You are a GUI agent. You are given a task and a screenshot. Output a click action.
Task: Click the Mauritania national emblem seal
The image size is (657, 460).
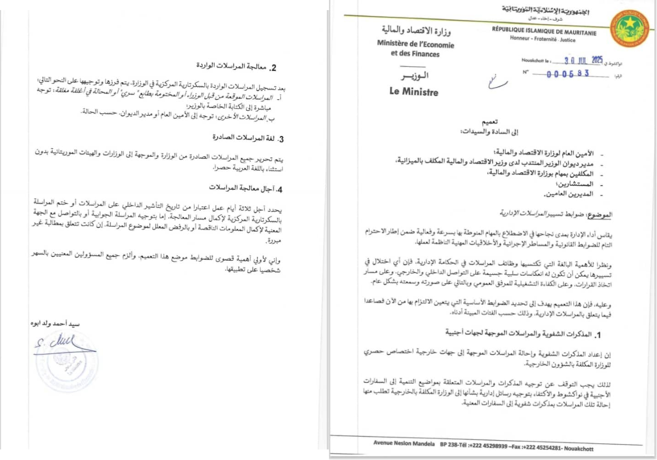pos(630,28)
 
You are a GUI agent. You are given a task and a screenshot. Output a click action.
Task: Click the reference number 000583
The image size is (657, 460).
pos(568,74)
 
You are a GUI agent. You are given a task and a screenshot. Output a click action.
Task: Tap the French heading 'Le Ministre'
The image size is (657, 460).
pos(413,91)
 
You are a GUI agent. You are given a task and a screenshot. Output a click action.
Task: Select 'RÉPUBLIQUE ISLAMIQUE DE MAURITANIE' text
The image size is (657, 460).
pos(544,31)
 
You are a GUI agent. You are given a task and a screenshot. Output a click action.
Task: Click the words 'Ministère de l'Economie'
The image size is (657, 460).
pos(415,44)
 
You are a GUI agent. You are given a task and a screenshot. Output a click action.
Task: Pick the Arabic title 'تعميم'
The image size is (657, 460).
pos(490,122)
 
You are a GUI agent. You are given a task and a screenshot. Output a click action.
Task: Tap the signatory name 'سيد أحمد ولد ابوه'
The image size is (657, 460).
pos(55,324)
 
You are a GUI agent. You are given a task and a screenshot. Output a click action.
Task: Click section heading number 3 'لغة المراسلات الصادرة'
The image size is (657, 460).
pos(247,138)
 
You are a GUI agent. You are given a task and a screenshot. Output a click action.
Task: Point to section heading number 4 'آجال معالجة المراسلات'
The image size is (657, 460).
pos(245,188)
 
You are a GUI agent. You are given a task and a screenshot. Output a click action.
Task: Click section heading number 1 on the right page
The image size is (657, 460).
pos(522,333)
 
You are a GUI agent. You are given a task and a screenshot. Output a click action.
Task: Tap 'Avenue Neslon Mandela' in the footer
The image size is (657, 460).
pos(404,443)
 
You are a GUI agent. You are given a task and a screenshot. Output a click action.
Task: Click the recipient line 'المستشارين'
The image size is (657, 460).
pos(576,184)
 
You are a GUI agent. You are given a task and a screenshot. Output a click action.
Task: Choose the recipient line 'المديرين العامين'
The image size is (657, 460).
pos(569,194)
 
